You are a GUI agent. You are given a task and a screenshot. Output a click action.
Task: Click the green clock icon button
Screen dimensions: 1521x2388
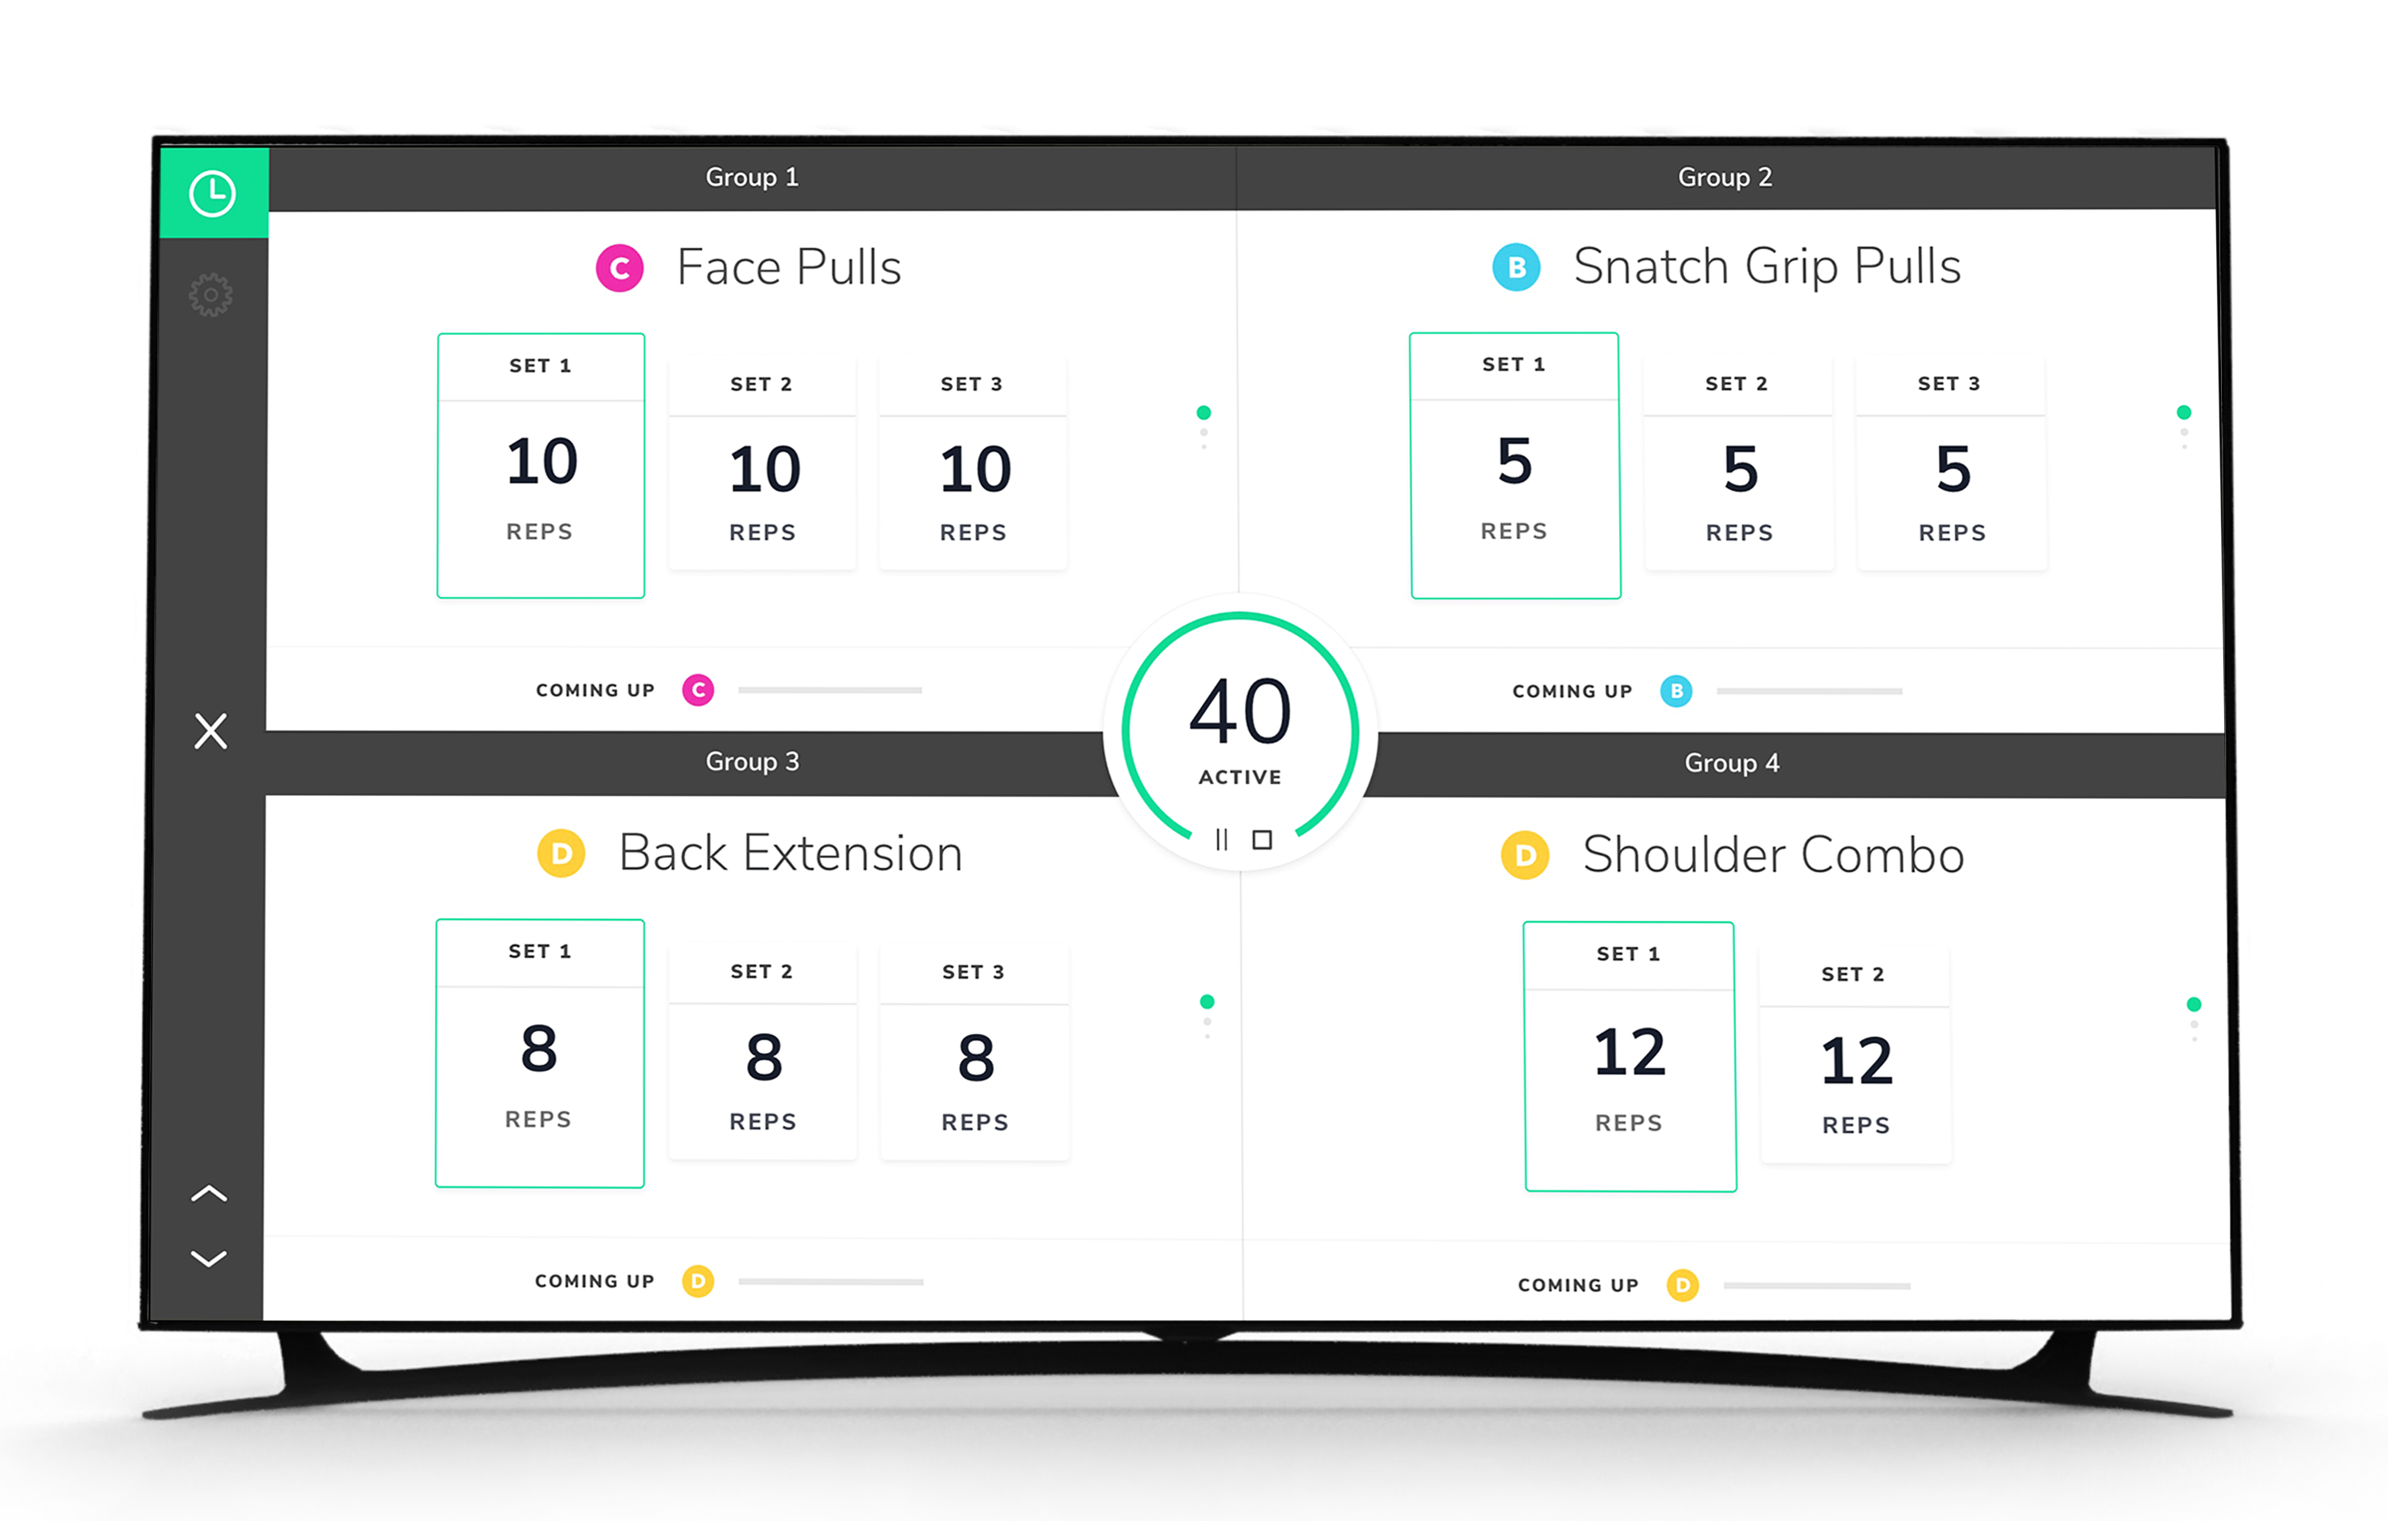[212, 194]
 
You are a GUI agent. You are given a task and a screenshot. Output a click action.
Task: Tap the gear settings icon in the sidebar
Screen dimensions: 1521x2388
[211, 296]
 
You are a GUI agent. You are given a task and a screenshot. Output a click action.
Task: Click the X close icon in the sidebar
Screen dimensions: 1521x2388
[210, 732]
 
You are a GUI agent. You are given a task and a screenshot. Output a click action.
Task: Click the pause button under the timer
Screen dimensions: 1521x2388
[1222, 840]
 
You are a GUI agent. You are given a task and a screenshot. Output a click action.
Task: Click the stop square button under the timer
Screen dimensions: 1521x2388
[1263, 840]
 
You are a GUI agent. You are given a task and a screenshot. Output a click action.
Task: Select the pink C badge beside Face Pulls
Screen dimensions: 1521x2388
[620, 267]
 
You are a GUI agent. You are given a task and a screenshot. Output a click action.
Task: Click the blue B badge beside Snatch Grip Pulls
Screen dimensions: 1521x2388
[1516, 267]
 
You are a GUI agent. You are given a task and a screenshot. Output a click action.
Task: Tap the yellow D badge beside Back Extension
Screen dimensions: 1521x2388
[561, 854]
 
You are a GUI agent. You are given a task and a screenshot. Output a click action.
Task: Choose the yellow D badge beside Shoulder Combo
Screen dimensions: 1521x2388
[1525, 854]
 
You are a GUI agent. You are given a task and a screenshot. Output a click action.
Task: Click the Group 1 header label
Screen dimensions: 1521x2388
[752, 177]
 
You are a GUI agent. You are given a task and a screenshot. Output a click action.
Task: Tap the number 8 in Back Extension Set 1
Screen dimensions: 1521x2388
[540, 1049]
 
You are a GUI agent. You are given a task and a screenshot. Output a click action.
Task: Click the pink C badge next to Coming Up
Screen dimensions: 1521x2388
[698, 690]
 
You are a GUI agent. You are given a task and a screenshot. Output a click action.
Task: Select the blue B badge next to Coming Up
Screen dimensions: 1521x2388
[1676, 691]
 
